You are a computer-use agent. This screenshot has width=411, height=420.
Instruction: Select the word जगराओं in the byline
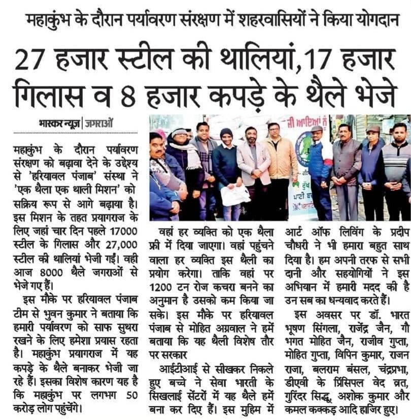(99, 122)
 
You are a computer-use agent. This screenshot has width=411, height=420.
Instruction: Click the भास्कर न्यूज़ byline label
(59, 122)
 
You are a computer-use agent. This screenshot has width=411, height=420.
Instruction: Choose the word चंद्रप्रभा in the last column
(375, 369)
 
